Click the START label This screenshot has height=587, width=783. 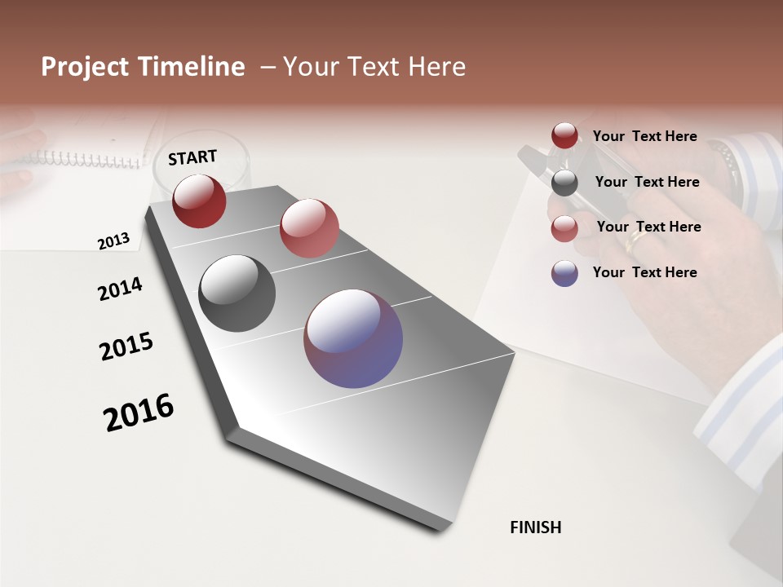point(192,157)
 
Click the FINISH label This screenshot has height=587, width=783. point(536,527)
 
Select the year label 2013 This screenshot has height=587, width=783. point(113,241)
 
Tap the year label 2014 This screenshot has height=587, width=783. point(120,289)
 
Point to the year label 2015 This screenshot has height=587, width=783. point(126,346)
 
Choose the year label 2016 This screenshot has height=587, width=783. point(139,413)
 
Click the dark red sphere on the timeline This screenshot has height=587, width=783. point(199,201)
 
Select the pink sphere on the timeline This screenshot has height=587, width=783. point(309,228)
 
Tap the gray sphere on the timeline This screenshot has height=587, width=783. point(237,293)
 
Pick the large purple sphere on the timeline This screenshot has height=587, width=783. point(353,338)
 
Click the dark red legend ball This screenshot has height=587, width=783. point(564,136)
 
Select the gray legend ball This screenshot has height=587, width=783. point(564,183)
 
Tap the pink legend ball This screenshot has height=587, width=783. point(564,228)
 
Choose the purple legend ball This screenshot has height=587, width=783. point(564,273)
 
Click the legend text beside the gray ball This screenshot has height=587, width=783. point(647,182)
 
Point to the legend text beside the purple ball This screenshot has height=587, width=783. point(644,272)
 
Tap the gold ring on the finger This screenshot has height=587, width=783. point(635,241)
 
